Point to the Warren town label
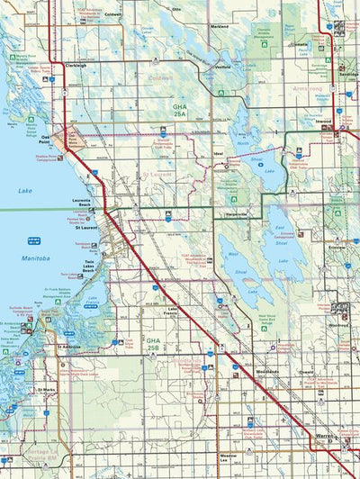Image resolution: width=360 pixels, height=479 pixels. [327, 438]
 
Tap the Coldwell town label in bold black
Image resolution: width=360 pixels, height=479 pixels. [112, 15]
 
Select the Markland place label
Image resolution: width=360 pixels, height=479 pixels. [219, 27]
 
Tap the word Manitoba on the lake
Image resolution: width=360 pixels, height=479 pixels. [36, 258]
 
